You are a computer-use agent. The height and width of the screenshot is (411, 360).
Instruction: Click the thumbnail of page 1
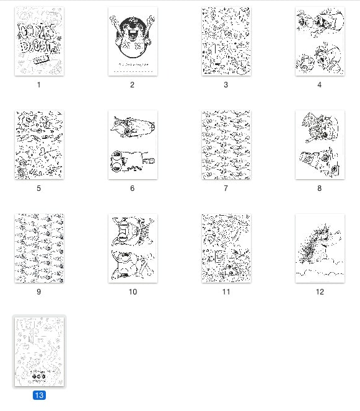pos(39,42)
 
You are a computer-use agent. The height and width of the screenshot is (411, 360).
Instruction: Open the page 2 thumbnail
pos(133,42)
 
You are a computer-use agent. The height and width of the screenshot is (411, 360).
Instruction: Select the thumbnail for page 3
pos(226,42)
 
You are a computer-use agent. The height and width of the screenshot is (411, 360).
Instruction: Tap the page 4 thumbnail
pos(320,42)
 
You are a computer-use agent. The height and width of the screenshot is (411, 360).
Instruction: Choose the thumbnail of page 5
pos(39,145)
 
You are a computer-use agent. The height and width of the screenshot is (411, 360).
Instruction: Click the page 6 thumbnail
pos(133,145)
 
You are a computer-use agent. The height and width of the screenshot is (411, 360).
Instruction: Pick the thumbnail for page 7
pos(226,145)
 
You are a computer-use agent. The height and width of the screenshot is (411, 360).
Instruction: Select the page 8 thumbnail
pos(320,145)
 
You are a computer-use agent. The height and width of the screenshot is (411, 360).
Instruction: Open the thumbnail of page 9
pos(39,249)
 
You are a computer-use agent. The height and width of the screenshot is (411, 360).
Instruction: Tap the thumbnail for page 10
pos(133,249)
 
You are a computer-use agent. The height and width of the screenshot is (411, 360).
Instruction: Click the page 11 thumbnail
pos(226,249)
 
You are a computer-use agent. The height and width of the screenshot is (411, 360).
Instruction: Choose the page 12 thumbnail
pos(320,249)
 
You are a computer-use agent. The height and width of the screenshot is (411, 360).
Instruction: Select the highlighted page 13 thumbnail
pos(39,351)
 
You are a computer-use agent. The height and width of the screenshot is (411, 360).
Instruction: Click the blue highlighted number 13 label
pos(39,395)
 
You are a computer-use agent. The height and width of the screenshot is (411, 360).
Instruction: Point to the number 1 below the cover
pos(39,85)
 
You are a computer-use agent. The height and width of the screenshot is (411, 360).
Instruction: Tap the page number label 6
pos(133,188)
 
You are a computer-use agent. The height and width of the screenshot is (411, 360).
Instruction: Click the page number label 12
pos(320,292)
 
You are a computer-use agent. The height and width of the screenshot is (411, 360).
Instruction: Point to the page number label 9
pos(39,292)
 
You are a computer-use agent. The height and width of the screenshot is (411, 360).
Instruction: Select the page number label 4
pos(320,85)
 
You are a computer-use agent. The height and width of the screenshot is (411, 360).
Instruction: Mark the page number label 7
pos(226,188)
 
